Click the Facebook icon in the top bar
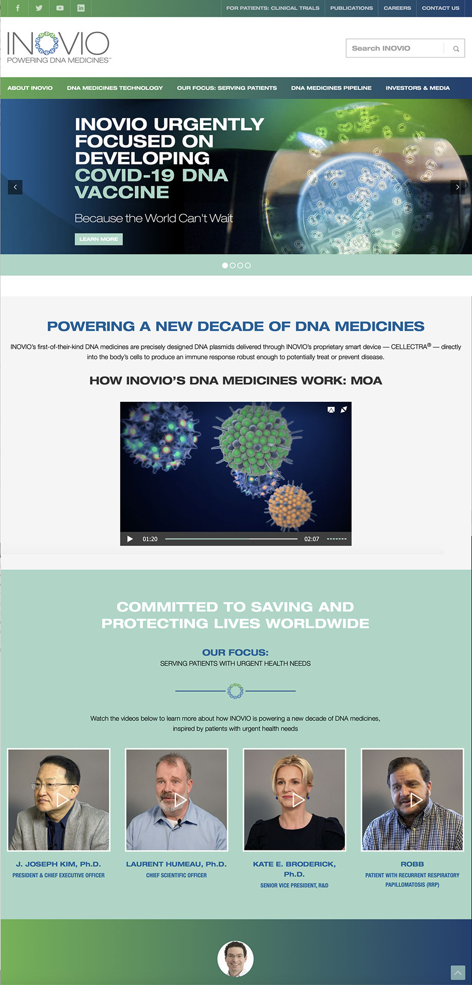(x=18, y=8)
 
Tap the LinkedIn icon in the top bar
(x=81, y=8)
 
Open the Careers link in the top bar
(x=397, y=8)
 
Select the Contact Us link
(x=441, y=8)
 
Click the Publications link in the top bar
(x=352, y=8)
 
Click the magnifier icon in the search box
(x=456, y=49)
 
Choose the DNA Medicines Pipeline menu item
(x=331, y=88)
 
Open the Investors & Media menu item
(x=417, y=88)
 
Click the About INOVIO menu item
(x=30, y=88)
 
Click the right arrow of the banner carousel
(x=458, y=187)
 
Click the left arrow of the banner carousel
(x=15, y=187)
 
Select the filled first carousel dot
(x=225, y=266)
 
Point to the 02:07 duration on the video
(x=312, y=539)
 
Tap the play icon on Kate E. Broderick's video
(x=298, y=800)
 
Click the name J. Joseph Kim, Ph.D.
(x=59, y=864)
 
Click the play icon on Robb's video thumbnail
(x=416, y=800)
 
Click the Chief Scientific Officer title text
(x=176, y=875)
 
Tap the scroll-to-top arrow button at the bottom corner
(x=458, y=973)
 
